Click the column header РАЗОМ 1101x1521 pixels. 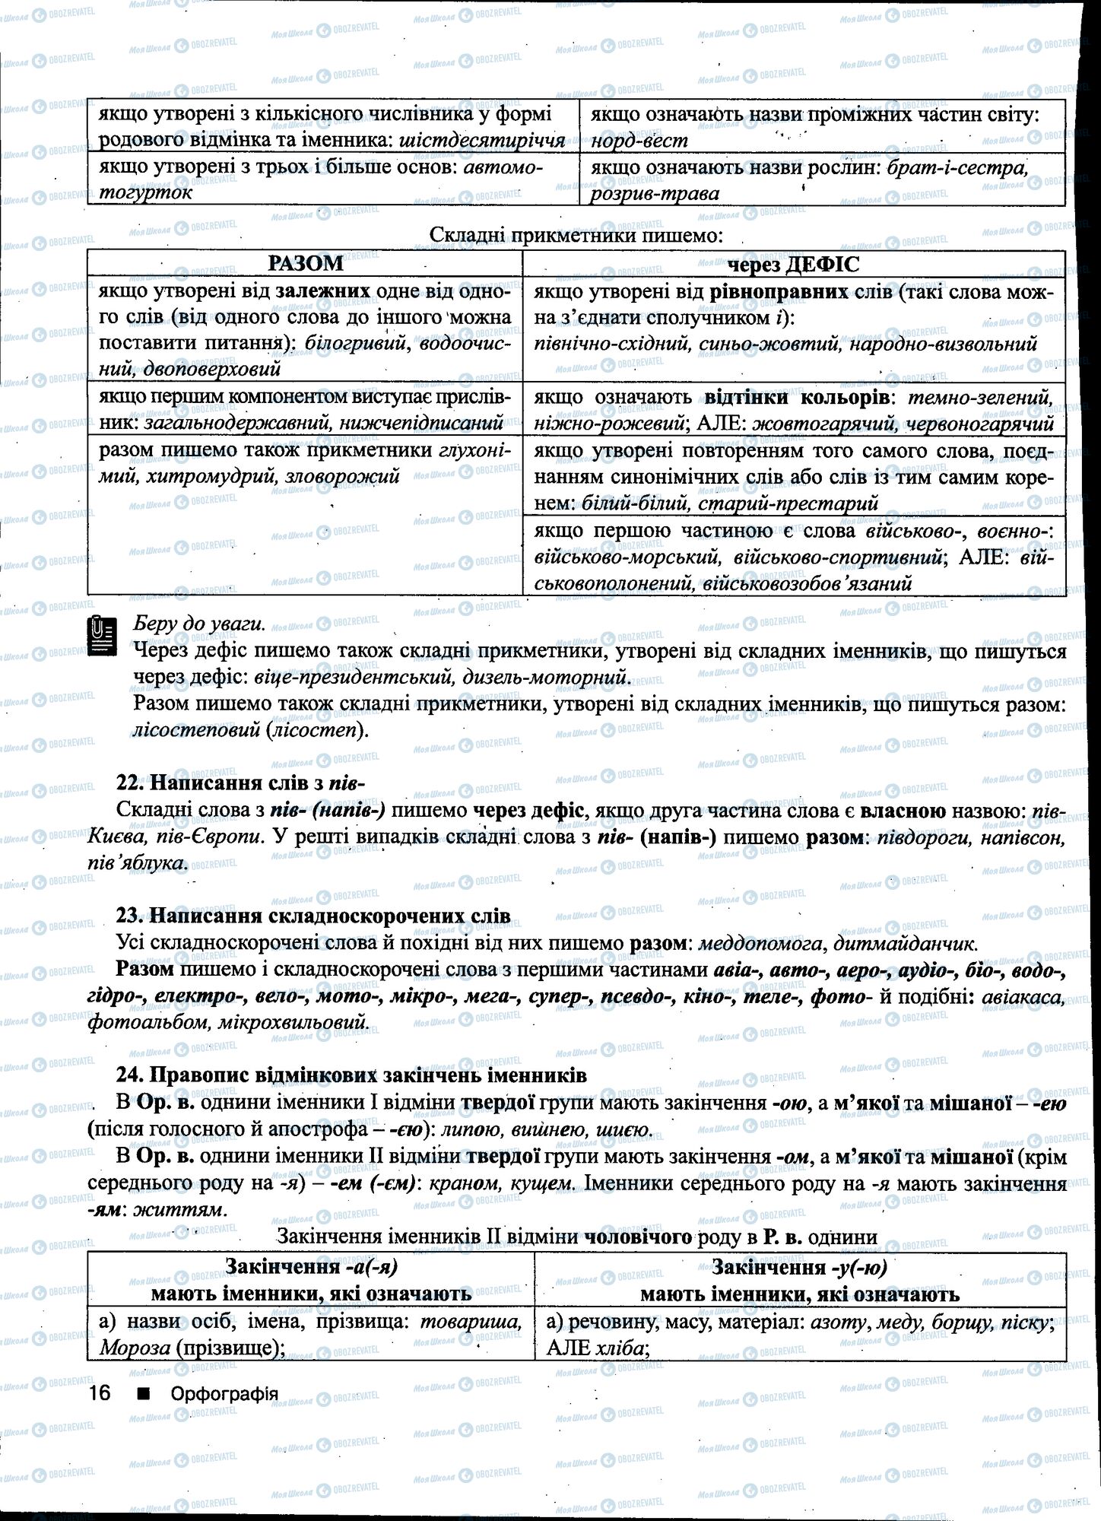305,264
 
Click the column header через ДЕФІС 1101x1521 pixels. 794,264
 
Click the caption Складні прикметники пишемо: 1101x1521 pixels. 576,236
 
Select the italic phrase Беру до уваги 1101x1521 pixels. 199,624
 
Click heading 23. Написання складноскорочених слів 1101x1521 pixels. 313,915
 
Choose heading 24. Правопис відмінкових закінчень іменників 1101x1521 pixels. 351,1075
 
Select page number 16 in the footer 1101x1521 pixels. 100,1393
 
